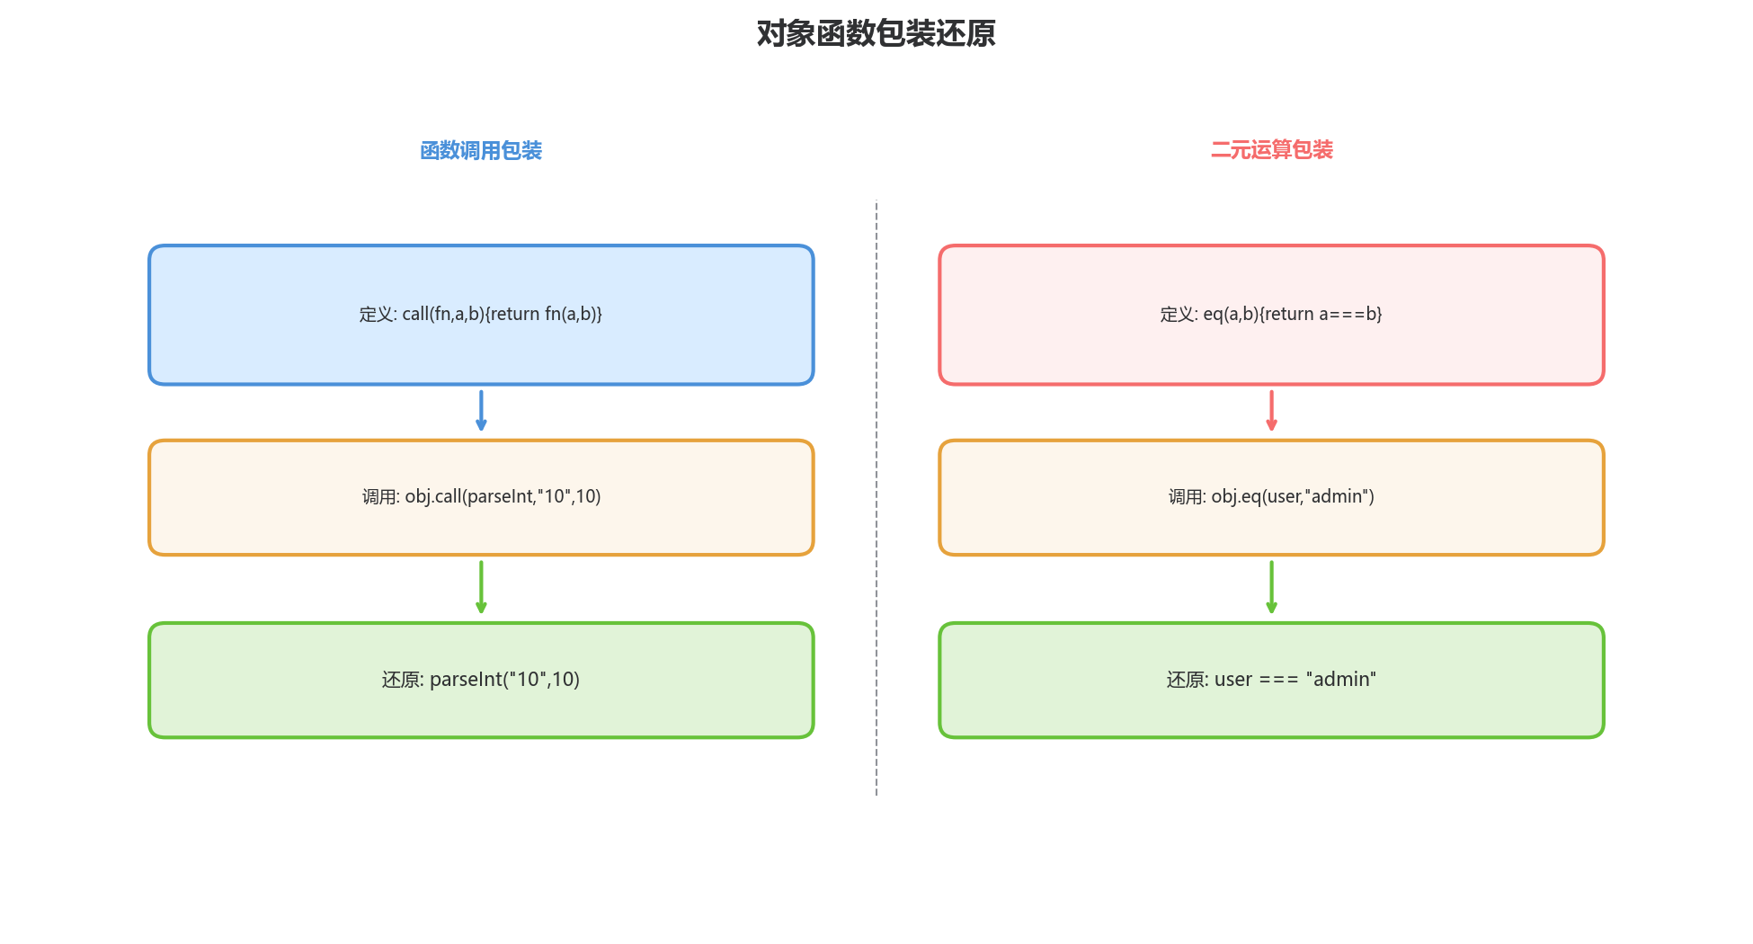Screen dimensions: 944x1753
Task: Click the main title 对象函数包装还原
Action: [x=876, y=34]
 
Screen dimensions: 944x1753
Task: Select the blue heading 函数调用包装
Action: [x=481, y=151]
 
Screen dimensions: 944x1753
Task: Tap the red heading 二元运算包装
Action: [x=1271, y=150]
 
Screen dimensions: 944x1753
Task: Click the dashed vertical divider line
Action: [x=876, y=494]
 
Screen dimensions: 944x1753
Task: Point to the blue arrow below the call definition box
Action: [x=481, y=411]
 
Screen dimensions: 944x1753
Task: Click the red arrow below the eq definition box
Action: [x=1271, y=411]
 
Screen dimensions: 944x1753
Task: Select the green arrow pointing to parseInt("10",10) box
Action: [x=481, y=587]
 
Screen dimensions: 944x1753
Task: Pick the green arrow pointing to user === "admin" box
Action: [x=1271, y=587]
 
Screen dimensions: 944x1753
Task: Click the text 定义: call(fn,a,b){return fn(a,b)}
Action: [x=481, y=315]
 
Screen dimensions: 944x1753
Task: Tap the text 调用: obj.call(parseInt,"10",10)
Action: [x=481, y=497]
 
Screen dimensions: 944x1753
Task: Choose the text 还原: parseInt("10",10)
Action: [x=481, y=680]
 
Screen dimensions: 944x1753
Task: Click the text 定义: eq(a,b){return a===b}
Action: [x=1271, y=315]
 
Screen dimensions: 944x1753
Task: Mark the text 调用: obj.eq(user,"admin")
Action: [x=1271, y=497]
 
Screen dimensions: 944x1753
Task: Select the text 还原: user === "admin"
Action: [x=1271, y=680]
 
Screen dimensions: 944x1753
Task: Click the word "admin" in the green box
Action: [x=1341, y=680]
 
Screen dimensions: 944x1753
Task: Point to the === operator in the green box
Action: [x=1278, y=681]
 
